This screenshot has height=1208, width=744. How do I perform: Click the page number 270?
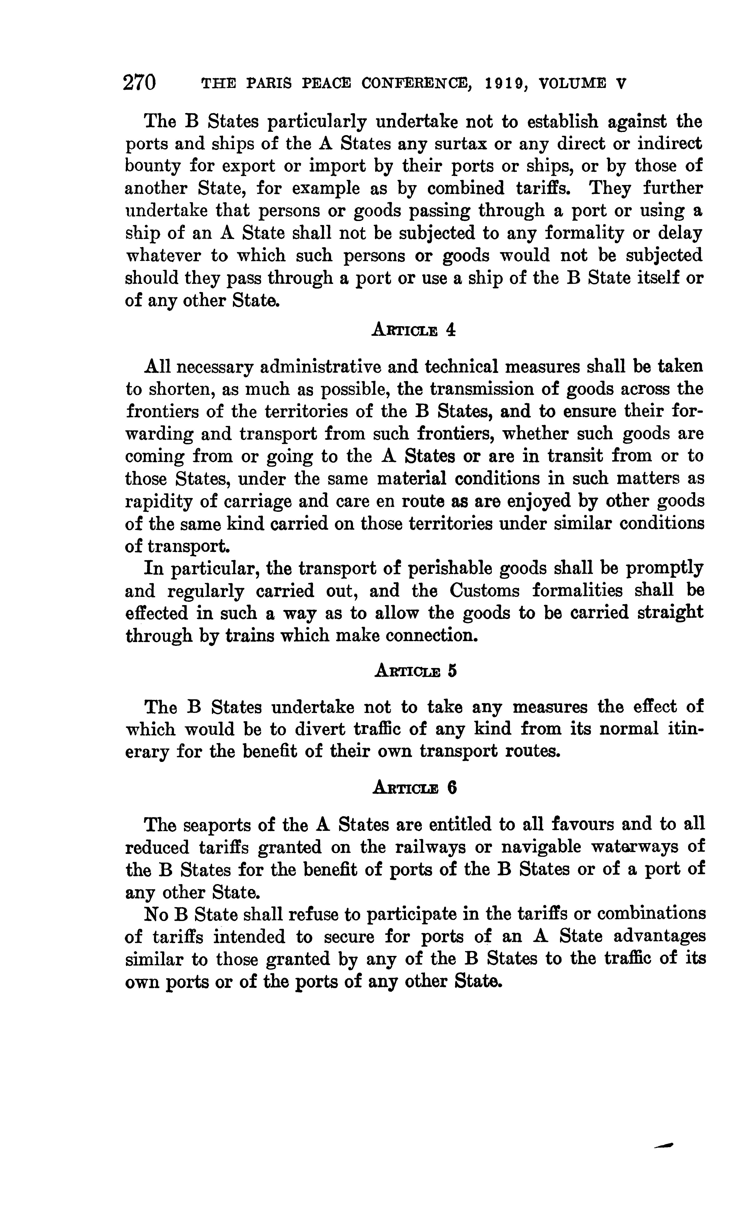coord(140,82)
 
